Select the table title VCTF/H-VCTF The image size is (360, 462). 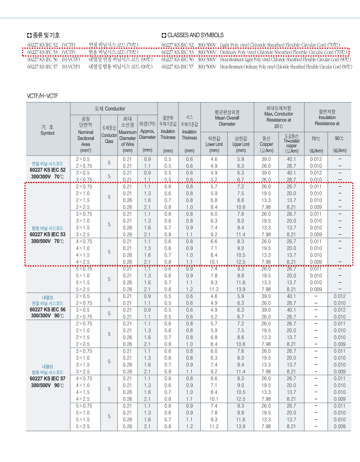(x=43, y=96)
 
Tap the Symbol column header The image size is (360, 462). (x=48, y=130)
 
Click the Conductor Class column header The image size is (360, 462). (x=109, y=136)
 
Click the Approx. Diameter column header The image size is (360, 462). (x=148, y=132)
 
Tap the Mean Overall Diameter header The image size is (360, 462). (x=227, y=118)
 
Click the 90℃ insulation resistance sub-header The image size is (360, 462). (x=339, y=138)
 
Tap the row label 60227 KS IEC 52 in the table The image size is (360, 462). (x=48, y=170)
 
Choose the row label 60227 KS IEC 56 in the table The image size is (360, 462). (x=48, y=310)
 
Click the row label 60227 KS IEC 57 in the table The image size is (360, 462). (x=48, y=379)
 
